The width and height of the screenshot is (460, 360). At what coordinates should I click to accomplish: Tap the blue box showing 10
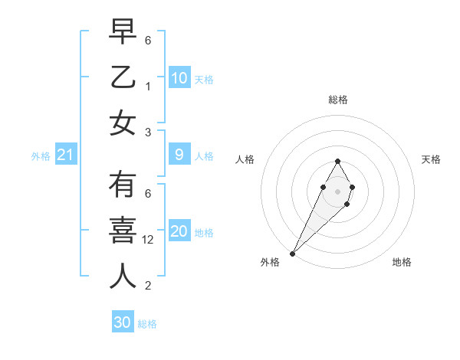click(179, 78)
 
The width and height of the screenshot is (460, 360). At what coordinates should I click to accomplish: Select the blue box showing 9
click(179, 155)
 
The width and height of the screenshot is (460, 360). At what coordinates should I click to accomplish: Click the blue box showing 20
click(179, 231)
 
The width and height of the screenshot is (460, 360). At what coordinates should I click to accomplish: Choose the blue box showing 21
click(66, 155)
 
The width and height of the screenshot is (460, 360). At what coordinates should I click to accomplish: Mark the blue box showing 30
click(123, 322)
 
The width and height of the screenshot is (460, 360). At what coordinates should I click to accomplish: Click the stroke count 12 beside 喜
click(149, 240)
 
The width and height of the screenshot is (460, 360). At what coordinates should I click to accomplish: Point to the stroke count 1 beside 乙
click(149, 87)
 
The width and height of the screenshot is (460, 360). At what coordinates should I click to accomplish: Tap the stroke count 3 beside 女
click(149, 133)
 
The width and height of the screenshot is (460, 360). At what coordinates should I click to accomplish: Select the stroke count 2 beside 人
click(149, 286)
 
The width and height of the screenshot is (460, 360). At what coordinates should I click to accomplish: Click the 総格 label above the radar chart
click(337, 100)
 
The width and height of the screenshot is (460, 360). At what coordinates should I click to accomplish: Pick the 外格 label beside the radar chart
click(270, 262)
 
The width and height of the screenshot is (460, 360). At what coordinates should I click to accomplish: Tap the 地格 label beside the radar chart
click(402, 262)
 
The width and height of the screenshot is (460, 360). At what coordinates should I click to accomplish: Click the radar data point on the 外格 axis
click(292, 253)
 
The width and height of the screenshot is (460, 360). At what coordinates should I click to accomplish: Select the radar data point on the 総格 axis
click(337, 161)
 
